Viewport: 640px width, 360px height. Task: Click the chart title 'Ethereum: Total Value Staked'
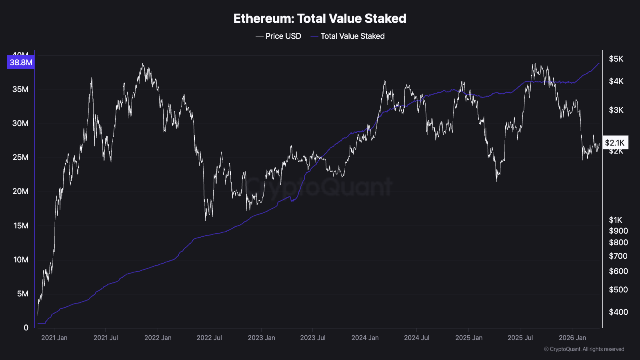[x=320, y=18]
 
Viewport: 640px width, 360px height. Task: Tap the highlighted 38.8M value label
[x=21, y=62]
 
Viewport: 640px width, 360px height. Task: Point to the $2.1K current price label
[x=615, y=143]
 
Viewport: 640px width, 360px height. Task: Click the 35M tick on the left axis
[x=20, y=89]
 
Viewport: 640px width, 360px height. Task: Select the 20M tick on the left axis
[x=20, y=191]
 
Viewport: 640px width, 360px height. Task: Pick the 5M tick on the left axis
[x=22, y=294]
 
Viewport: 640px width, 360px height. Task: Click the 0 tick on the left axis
[x=26, y=328]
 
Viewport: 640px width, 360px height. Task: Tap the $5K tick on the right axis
[x=616, y=59]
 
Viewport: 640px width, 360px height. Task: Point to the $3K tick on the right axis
[x=616, y=110]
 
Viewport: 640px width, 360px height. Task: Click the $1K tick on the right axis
[x=616, y=220]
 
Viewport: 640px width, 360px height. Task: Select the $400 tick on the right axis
[x=618, y=312]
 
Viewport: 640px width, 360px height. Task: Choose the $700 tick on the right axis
[x=618, y=256]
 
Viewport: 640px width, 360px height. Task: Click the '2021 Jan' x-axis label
[x=54, y=338]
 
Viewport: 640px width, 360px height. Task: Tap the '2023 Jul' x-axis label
[x=313, y=338]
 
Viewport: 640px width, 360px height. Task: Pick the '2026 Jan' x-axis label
[x=572, y=338]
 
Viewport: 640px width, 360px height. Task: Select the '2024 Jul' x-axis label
[x=417, y=338]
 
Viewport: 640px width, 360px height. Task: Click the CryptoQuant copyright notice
[x=584, y=349]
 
